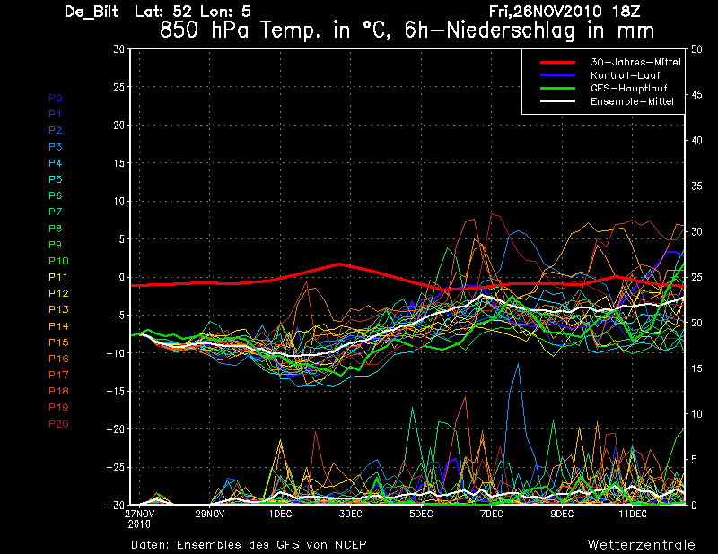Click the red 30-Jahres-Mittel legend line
pyautogui.click(x=563, y=62)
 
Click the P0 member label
pyautogui.click(x=56, y=98)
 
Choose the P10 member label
pyautogui.click(x=58, y=261)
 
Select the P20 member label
pyautogui.click(x=58, y=424)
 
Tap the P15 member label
pyautogui.click(x=58, y=342)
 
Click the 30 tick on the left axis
pyautogui.click(x=118, y=49)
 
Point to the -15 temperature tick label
pyautogui.click(x=115, y=392)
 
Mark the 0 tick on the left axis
pyautogui.click(x=121, y=278)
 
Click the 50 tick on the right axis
pyautogui.click(x=696, y=49)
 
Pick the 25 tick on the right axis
pyautogui.click(x=696, y=277)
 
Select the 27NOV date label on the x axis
pyautogui.click(x=139, y=515)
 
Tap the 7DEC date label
pyautogui.click(x=491, y=515)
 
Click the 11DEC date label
pyautogui.click(x=633, y=515)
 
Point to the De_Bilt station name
pyautogui.click(x=92, y=12)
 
